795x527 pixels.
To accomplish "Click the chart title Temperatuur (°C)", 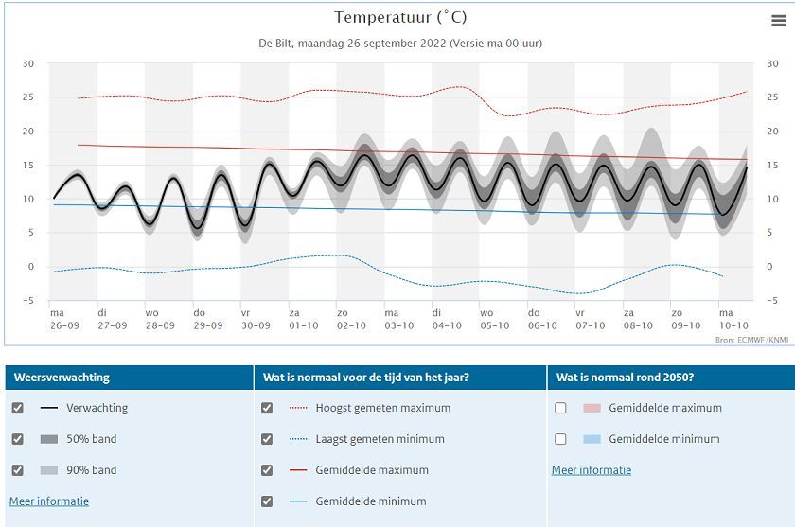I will coord(400,18).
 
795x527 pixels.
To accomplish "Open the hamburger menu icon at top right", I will coord(778,21).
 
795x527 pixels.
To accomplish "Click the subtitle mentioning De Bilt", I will coord(400,44).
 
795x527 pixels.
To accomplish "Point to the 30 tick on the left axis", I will coord(28,64).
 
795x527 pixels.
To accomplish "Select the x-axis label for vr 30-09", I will coord(256,319).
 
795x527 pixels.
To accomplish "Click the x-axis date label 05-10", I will coord(495,325).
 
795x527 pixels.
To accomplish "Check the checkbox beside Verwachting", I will coord(17,408).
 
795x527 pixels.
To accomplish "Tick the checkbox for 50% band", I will coord(17,439).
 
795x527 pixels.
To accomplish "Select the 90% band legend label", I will coord(91,470).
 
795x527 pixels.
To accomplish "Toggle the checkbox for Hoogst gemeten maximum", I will coord(267,408).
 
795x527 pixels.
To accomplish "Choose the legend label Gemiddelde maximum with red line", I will coord(372,470).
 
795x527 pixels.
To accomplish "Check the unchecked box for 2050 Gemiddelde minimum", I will coord(560,439).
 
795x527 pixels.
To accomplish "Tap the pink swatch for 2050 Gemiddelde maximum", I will coord(592,408).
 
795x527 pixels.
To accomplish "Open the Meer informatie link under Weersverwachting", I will coord(49,501).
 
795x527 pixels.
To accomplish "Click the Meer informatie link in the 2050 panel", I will coord(592,470).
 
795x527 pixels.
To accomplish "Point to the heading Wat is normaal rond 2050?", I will coord(627,378).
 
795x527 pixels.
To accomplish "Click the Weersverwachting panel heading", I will coord(62,378).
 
